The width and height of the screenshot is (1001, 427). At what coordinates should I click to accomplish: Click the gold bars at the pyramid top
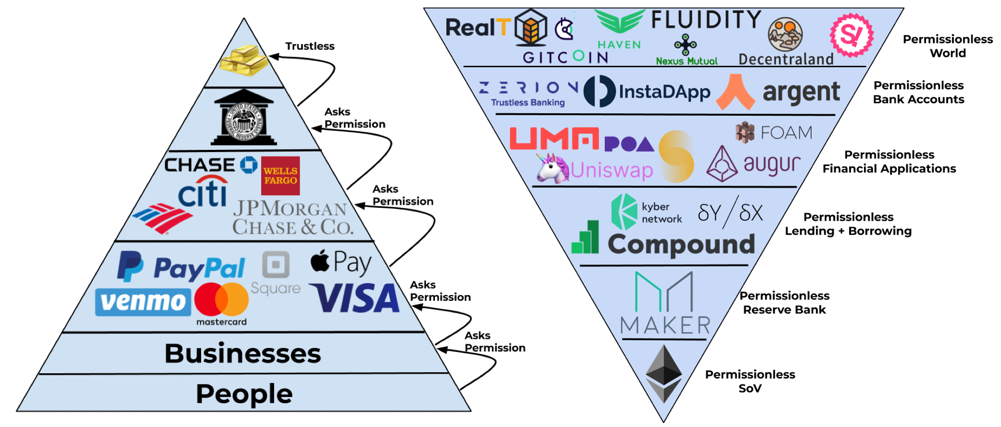pos(244,60)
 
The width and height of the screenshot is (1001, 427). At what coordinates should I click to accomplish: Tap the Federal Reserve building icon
pos(244,118)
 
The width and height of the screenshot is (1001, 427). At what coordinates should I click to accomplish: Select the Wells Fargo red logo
pos(280,176)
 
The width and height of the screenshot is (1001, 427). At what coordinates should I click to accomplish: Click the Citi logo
pos(203,192)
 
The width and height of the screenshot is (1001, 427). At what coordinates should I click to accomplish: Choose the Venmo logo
pos(143,302)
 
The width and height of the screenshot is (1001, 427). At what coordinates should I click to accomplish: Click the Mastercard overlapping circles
pos(221,299)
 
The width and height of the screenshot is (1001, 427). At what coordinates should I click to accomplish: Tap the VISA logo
pos(355,298)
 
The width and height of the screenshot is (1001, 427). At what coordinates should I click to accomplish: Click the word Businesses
pos(242,354)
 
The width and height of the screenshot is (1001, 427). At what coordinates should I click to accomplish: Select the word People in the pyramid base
pos(244,394)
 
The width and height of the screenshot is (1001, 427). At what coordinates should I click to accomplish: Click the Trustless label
pos(310,46)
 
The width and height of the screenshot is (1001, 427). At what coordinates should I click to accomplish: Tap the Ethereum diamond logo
pos(664,374)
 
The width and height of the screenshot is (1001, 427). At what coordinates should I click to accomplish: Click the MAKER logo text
pos(665,326)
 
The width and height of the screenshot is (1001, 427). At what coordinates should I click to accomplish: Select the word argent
pos(801,93)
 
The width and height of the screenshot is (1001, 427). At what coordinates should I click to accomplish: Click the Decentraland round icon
pos(785,35)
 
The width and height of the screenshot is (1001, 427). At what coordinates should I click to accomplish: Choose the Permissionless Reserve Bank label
pos(784,302)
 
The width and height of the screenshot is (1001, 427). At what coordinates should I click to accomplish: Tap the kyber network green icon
pos(624,211)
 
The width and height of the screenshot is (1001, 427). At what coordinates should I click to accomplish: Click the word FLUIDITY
pos(706,20)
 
